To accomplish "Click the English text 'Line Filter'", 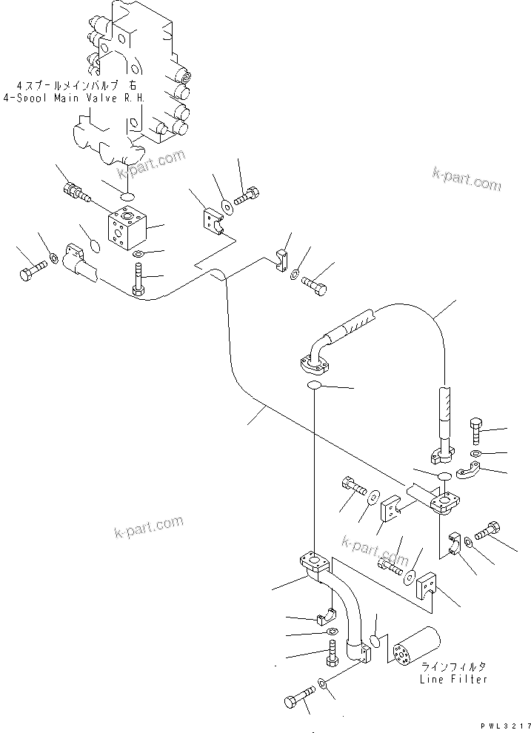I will (x=459, y=679).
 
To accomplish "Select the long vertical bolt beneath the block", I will (x=138, y=280).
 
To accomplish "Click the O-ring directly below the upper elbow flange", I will (x=314, y=386).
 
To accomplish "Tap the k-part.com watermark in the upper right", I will (x=467, y=178).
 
